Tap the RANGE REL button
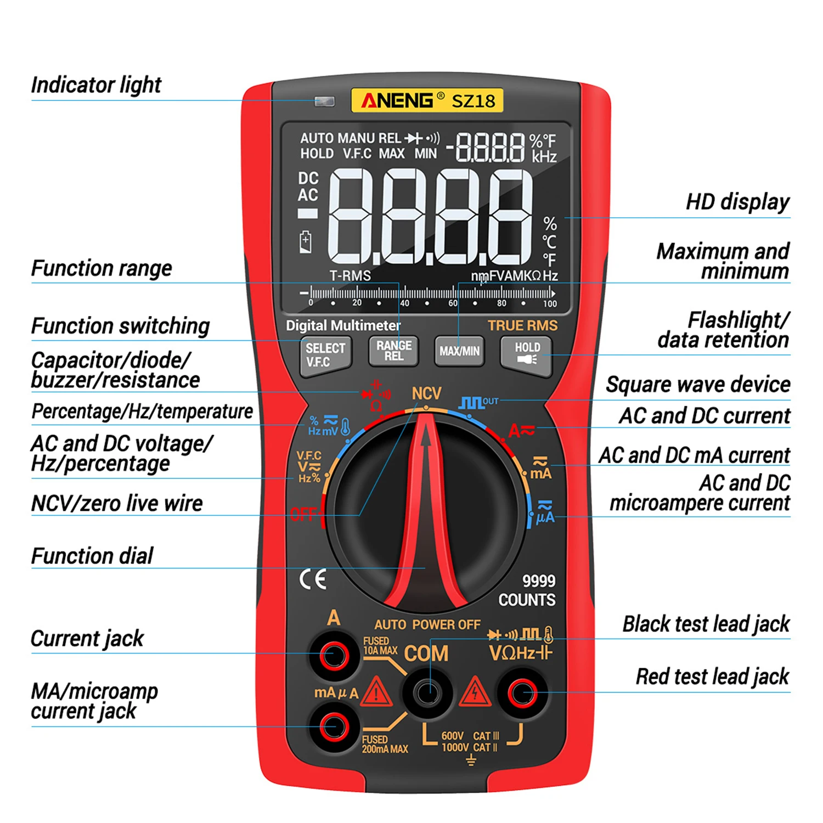tap(393, 351)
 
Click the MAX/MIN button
tap(459, 351)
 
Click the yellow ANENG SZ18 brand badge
tap(427, 101)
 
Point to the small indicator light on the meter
tap(324, 102)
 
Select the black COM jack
tap(427, 692)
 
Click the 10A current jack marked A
tap(334, 655)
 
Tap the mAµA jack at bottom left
tap(332, 727)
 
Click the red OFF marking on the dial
tap(303, 515)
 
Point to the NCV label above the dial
tap(426, 393)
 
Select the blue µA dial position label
tap(544, 512)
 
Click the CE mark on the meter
tap(313, 579)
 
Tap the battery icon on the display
tap(306, 242)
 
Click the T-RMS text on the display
tap(350, 275)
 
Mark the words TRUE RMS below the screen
tap(522, 325)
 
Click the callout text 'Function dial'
tap(92, 556)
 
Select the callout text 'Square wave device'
tap(697, 384)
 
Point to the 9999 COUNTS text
tap(527, 590)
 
